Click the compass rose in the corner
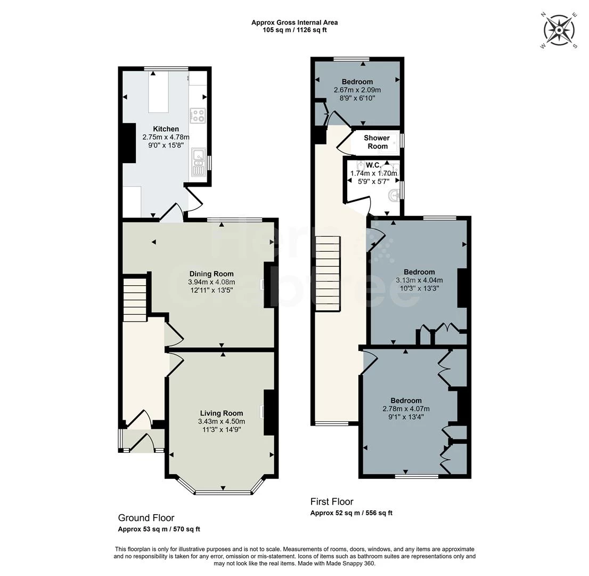[559, 30]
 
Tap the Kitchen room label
[166, 129]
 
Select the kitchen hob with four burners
[198, 115]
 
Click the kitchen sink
[198, 162]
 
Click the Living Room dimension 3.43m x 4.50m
[222, 421]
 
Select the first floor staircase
[328, 274]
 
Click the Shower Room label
[376, 142]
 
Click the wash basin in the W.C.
[394, 194]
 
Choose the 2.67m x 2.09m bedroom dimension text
[357, 90]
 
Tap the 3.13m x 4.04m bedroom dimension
[419, 280]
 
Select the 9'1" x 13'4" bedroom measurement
[406, 417]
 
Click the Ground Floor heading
[146, 518]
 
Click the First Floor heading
[332, 502]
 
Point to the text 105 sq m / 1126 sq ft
[294, 30]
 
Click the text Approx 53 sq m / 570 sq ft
[159, 530]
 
